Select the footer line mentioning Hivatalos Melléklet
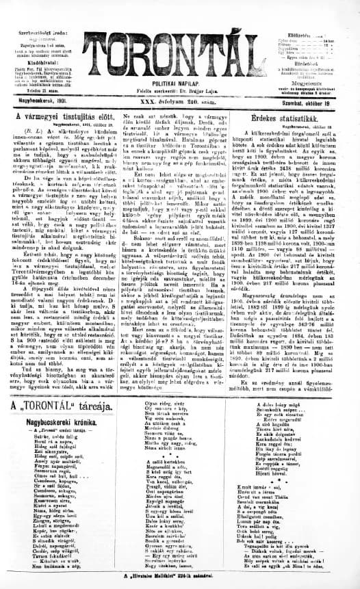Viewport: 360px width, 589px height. coord(179,579)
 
